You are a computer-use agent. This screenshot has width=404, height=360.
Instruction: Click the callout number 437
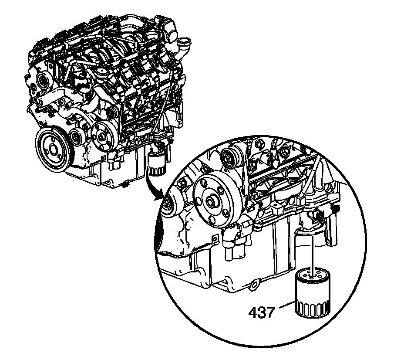[x=262, y=313]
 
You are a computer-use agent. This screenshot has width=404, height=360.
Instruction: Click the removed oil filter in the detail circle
[x=312, y=294]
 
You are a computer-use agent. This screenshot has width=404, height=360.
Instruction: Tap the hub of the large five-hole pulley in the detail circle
[x=211, y=199]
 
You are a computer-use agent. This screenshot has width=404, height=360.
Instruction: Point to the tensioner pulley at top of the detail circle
[x=231, y=158]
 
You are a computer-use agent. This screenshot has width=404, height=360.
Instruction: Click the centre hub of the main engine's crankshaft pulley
[x=53, y=149]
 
